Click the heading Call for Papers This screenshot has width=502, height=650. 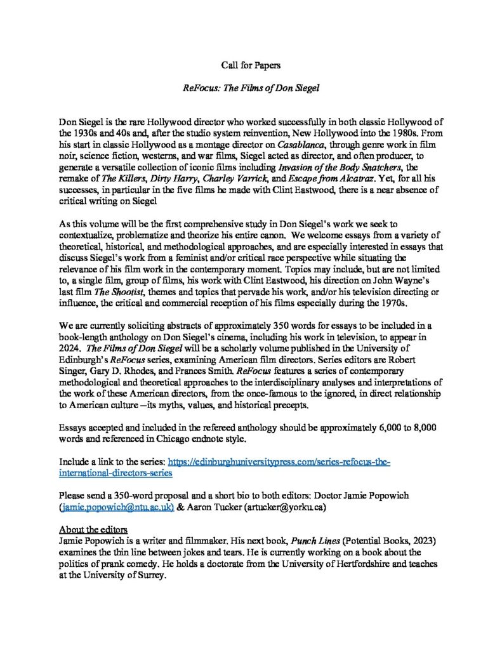point(251,65)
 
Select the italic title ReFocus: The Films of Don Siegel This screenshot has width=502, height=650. point(251,88)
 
